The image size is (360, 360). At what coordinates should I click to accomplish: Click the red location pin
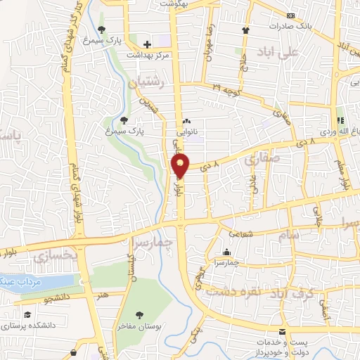(181, 165)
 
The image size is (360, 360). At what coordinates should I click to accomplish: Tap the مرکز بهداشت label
(146, 55)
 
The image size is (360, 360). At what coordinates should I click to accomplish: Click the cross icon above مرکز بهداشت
(146, 44)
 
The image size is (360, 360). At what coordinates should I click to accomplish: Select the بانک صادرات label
(289, 26)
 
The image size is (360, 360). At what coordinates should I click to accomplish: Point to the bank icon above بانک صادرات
(290, 15)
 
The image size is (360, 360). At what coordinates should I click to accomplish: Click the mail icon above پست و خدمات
(282, 331)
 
